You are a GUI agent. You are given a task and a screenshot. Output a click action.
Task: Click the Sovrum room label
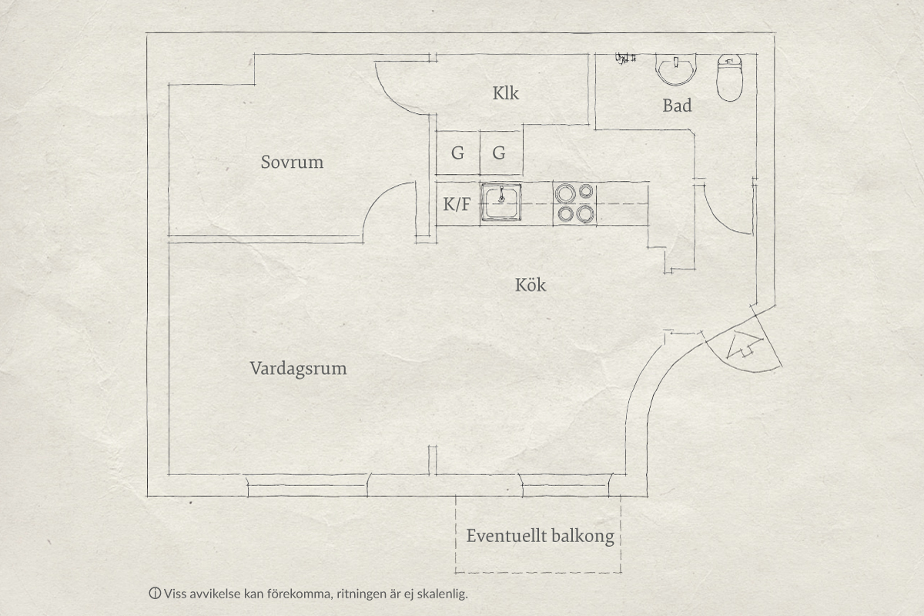pos(292,162)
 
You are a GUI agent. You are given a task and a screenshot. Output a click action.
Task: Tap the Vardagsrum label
pos(298,369)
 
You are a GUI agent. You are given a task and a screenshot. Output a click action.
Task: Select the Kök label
pos(531,285)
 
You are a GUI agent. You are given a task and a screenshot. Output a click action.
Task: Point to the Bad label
pos(678,105)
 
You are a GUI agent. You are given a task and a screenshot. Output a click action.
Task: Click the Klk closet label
pos(506,93)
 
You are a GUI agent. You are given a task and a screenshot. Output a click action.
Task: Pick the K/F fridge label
pos(457,204)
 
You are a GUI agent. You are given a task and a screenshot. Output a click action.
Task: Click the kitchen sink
pos(501,203)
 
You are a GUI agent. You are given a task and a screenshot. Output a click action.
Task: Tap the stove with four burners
pos(575,203)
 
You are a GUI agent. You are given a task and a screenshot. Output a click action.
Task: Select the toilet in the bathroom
pos(730,78)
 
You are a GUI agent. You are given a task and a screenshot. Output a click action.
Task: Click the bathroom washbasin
pos(676,69)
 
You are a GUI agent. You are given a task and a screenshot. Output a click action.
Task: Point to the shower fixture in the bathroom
pos(626,59)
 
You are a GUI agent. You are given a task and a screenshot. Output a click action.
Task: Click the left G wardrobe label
pos(457,153)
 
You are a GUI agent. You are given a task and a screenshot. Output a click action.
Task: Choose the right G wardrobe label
pos(499,153)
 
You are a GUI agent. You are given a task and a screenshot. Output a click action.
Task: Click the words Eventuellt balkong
pos(541,537)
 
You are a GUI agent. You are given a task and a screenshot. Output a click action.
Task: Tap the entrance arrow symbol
pos(742,344)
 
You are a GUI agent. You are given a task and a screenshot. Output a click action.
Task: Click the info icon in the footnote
pos(155,594)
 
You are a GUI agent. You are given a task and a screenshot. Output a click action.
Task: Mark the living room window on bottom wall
pos(308,486)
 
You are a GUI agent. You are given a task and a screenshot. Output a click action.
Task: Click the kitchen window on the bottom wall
pos(565,486)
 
